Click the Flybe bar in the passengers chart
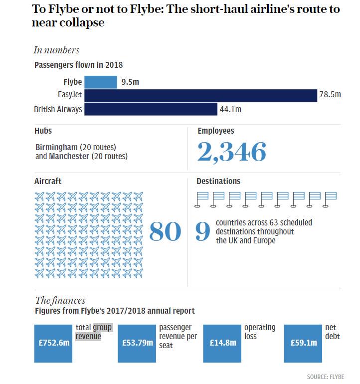pos(100,82)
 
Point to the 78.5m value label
pos(330,95)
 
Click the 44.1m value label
pos(230,109)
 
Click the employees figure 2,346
pos(232,152)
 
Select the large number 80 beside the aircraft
pos(165,230)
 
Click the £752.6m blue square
pos(53,343)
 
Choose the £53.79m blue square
pos(137,343)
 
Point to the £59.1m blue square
pos(303,343)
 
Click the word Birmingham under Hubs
pos(56,147)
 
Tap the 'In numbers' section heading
pos(56,50)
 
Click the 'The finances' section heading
pos(60,300)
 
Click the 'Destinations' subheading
pos(218,182)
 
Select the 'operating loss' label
pos(259,332)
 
